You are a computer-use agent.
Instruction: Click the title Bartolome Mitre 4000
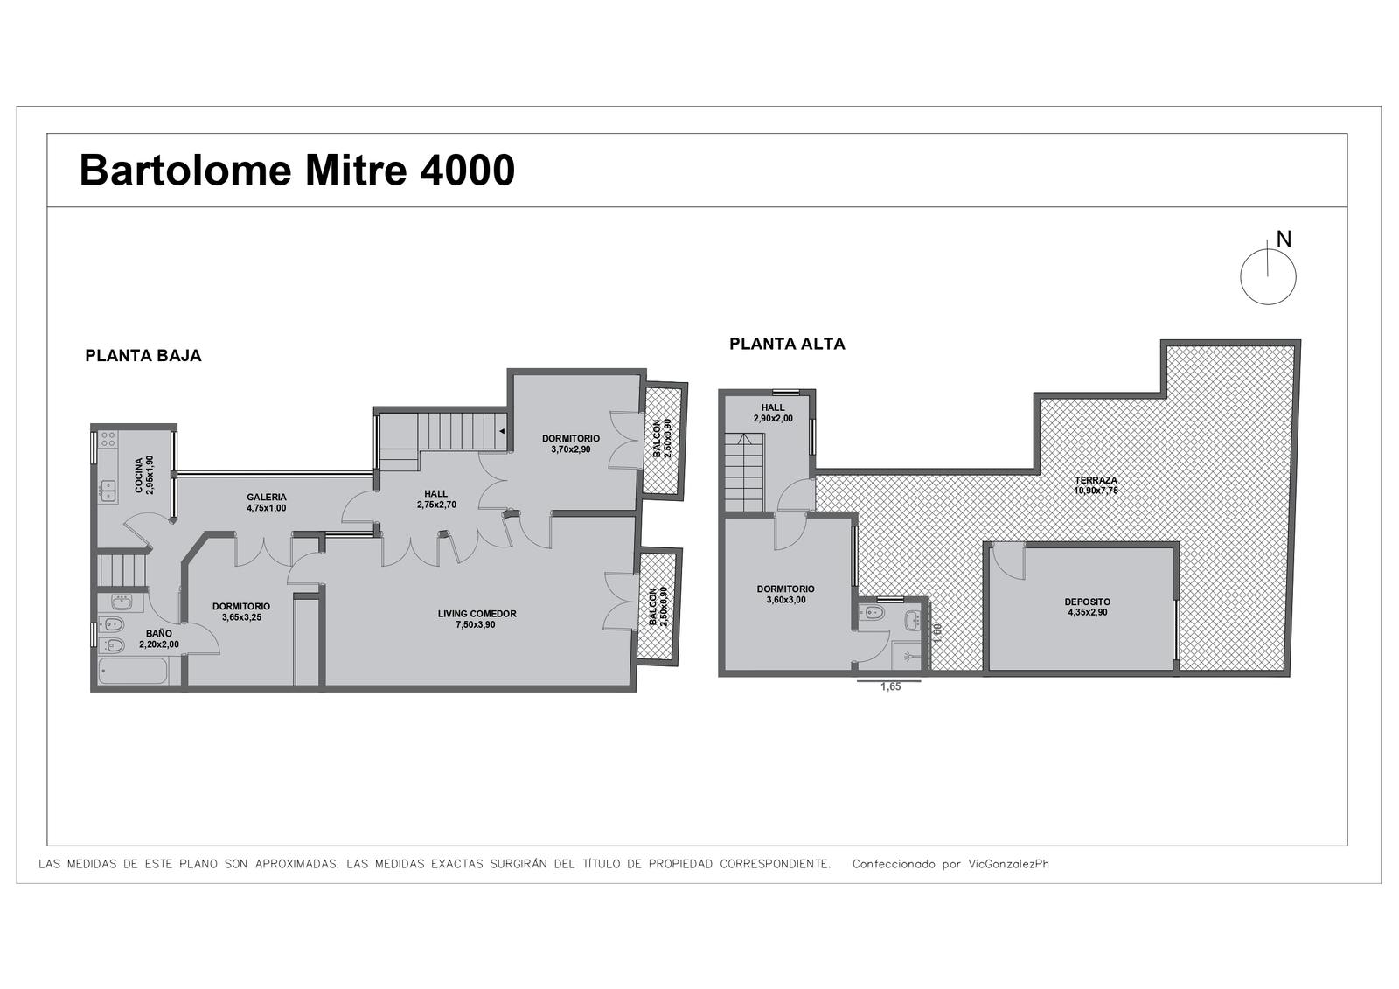click(297, 170)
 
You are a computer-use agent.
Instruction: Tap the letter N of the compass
click(1284, 240)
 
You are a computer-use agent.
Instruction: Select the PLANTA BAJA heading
click(143, 356)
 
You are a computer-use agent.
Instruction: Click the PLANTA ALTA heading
click(787, 344)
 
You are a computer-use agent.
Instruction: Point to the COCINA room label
click(139, 475)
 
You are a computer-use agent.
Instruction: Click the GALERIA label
click(267, 498)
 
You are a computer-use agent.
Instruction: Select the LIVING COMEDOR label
click(477, 614)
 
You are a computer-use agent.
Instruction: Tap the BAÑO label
click(159, 633)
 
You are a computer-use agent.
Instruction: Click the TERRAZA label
click(1096, 480)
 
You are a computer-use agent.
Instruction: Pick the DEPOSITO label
click(1088, 602)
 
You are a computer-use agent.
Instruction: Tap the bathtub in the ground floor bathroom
click(133, 671)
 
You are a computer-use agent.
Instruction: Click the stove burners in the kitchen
click(108, 439)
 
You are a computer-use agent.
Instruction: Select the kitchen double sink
click(108, 491)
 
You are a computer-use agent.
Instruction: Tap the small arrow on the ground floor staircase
click(501, 431)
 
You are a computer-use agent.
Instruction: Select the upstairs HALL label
click(773, 407)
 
